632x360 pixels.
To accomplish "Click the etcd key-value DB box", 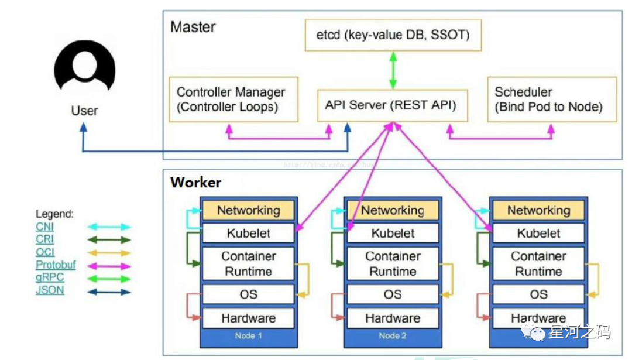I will (393, 35).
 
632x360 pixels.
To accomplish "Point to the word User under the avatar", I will (85, 111).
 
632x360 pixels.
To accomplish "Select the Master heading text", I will (193, 27).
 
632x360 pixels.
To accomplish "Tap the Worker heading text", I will (196, 182).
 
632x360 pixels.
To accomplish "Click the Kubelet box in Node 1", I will (248, 234).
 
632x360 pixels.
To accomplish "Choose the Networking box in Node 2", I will (393, 210).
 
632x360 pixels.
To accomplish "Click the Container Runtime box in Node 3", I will (538, 264).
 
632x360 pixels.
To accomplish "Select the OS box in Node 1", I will (248, 294).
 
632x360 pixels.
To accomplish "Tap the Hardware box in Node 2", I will (393, 318).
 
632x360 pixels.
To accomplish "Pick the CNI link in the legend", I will (44, 227).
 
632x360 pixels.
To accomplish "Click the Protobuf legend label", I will (56, 265).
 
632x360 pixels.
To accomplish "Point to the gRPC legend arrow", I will (109, 278).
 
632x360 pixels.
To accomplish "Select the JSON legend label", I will (50, 290).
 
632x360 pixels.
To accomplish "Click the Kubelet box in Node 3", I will (538, 234).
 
